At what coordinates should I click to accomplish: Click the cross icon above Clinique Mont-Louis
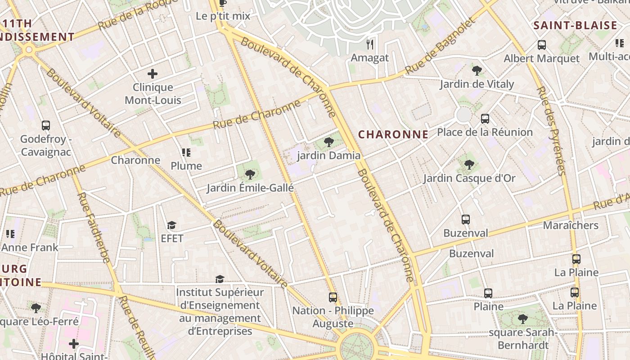pyautogui.click(x=153, y=73)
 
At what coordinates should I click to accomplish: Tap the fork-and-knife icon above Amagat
pyautogui.click(x=370, y=44)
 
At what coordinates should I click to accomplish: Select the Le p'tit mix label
pyautogui.click(x=223, y=16)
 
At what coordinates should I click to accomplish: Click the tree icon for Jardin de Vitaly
pyautogui.click(x=477, y=70)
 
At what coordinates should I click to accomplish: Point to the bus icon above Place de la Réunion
pyautogui.click(x=485, y=119)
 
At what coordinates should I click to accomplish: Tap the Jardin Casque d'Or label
pyautogui.click(x=469, y=178)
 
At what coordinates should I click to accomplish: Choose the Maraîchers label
pyautogui.click(x=571, y=225)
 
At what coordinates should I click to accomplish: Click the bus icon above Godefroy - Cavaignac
pyautogui.click(x=46, y=126)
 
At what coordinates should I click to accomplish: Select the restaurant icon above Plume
pyautogui.click(x=186, y=153)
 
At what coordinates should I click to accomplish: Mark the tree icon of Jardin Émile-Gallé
pyautogui.click(x=250, y=175)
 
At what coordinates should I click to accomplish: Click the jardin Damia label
pyautogui.click(x=329, y=156)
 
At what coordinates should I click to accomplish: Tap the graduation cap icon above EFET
pyautogui.click(x=171, y=225)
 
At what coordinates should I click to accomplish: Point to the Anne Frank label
pyautogui.click(x=30, y=247)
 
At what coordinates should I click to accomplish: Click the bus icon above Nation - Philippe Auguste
pyautogui.click(x=333, y=297)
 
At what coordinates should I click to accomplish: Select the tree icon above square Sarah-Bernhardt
pyautogui.click(x=523, y=319)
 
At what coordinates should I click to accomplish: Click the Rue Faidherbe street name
pyautogui.click(x=94, y=227)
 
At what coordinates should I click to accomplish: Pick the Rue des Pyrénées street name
pyautogui.click(x=550, y=131)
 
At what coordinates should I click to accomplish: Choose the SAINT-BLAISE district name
pyautogui.click(x=575, y=26)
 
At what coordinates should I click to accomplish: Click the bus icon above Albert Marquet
pyautogui.click(x=542, y=45)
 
